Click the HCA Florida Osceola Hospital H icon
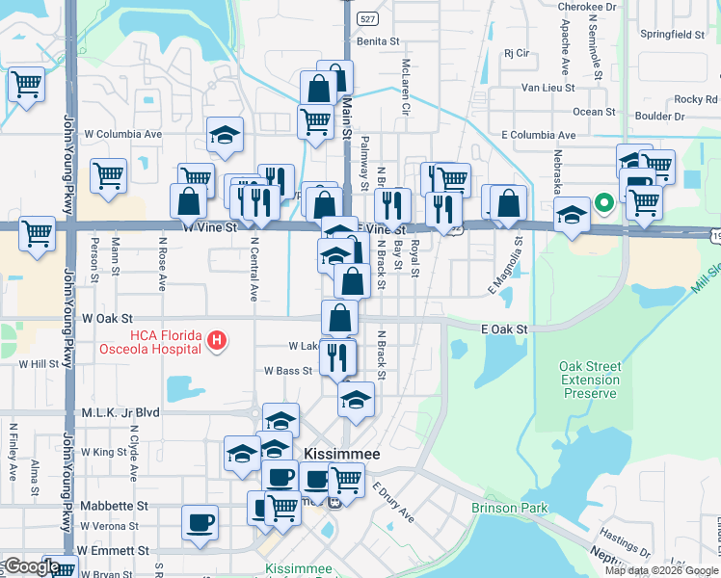tap(218, 340)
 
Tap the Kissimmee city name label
tap(341, 453)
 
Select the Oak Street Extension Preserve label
tap(589, 380)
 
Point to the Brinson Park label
tap(510, 508)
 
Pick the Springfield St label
tap(672, 34)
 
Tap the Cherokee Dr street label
tap(588, 5)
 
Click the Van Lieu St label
tap(547, 87)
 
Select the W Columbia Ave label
tap(123, 134)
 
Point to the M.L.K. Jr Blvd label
tap(119, 411)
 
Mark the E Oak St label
tap(505, 329)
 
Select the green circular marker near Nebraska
tap(604, 202)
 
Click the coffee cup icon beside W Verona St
tap(200, 521)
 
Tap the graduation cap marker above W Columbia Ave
tap(225, 135)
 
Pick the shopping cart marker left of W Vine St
tap(37, 232)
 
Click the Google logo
tap(31, 566)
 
